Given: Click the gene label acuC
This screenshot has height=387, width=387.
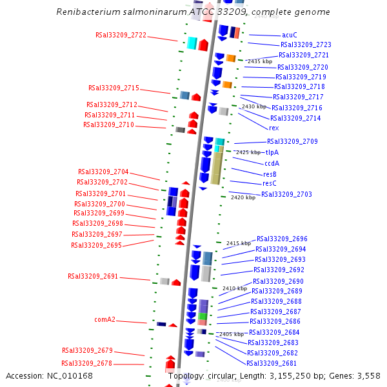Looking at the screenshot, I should (x=290, y=35).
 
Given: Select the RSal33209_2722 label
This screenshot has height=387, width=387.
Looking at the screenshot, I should (x=121, y=35).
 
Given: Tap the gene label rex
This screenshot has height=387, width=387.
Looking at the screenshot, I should (x=273, y=128).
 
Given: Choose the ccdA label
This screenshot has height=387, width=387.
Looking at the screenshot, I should (x=272, y=163).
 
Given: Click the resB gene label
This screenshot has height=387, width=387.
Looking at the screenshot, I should (x=270, y=174).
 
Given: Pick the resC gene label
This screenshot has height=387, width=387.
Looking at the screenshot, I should (x=270, y=183).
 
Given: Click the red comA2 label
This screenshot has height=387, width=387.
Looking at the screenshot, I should (x=105, y=319).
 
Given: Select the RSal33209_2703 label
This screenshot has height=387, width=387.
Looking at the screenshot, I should (x=286, y=194).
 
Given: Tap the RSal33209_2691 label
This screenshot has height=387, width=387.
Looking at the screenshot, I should (x=93, y=276).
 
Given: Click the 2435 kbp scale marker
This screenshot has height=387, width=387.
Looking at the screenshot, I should (x=260, y=61).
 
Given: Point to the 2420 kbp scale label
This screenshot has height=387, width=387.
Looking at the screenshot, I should (x=243, y=197).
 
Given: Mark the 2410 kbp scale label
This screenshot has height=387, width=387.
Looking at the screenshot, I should (x=234, y=288).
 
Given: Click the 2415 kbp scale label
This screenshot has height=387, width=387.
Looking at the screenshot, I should (x=238, y=243).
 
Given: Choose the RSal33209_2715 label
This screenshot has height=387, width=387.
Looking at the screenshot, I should (x=114, y=88).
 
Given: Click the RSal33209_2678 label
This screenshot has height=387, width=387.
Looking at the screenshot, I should (x=87, y=363).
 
